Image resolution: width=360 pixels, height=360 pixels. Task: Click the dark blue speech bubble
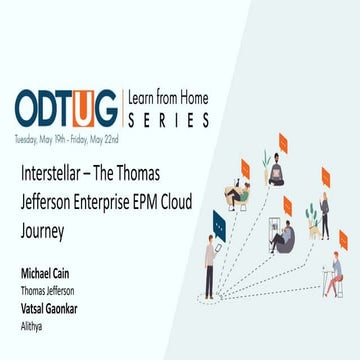[x=220, y=226]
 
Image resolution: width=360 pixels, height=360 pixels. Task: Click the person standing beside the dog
[x=325, y=214]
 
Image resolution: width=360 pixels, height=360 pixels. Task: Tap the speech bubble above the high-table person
[x=343, y=240]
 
